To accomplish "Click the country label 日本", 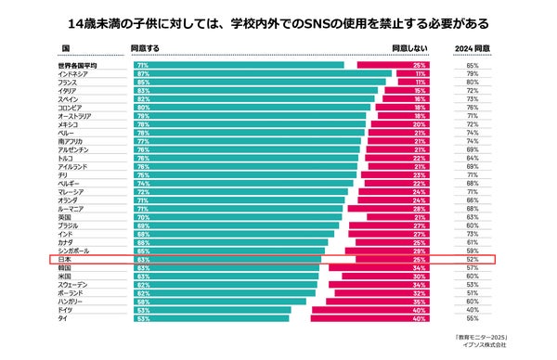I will point(64,260).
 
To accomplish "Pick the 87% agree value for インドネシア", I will point(143,74).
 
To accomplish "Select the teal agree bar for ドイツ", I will point(214,310).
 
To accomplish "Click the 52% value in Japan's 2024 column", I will point(473,260).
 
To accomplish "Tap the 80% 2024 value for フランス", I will point(473,83).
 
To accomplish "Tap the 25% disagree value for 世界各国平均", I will point(420,66).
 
